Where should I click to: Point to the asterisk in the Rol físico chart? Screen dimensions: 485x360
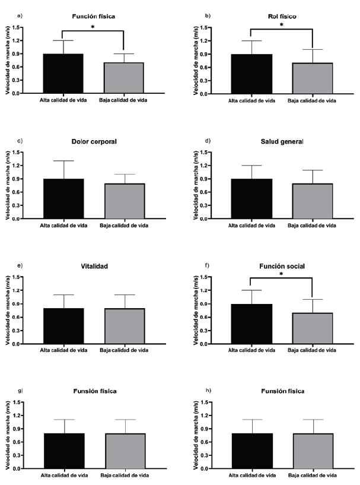pyautogui.click(x=281, y=26)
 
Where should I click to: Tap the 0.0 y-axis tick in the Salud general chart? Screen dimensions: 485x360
pyautogui.click(x=219, y=218)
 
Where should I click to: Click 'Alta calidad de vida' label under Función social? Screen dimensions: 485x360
pyautogui.click(x=252, y=350)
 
